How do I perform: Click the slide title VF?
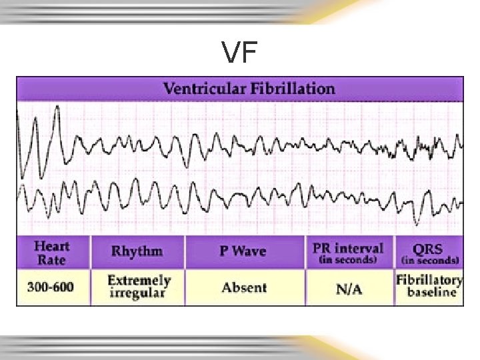click(x=240, y=53)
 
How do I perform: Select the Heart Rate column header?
click(x=52, y=252)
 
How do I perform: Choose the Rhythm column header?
click(x=137, y=251)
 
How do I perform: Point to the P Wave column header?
click(x=243, y=251)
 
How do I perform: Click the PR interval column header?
click(x=348, y=252)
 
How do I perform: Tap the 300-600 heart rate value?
click(x=51, y=288)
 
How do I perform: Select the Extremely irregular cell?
click(x=139, y=287)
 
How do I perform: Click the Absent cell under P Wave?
click(x=244, y=288)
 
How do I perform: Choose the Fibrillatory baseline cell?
click(x=429, y=286)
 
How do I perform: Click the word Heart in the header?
click(x=52, y=245)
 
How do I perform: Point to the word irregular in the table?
click(x=139, y=294)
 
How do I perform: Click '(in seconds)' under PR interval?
click(x=348, y=260)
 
